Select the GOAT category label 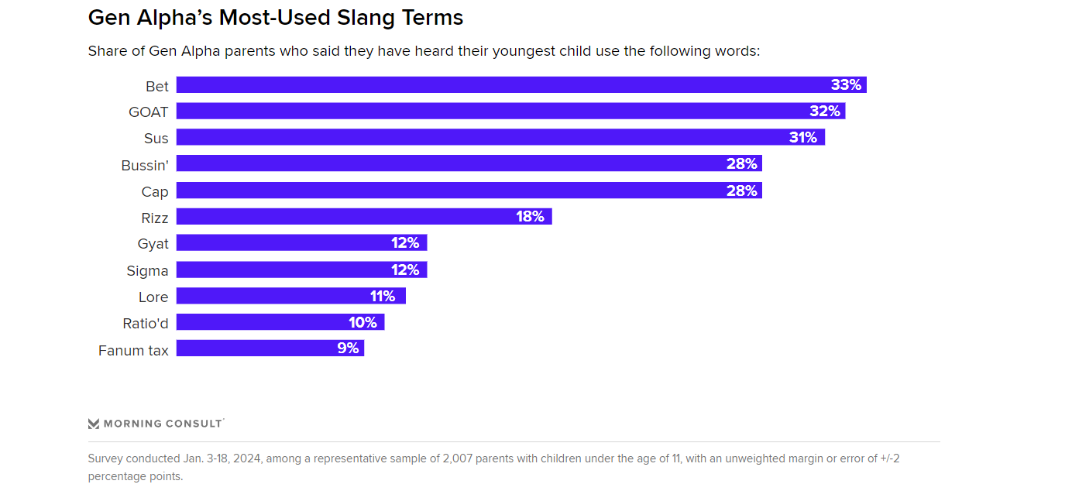tap(148, 112)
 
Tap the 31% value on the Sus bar tap(803, 138)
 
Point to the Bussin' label tap(145, 165)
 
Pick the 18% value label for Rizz tap(530, 217)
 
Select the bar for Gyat tap(301, 243)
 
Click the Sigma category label tap(147, 270)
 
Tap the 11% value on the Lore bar tap(383, 296)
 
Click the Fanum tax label tap(133, 350)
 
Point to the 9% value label tap(348, 349)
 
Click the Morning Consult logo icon tap(94, 424)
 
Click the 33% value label tap(846, 85)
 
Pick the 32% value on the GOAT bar tap(825, 112)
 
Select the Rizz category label tap(154, 218)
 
